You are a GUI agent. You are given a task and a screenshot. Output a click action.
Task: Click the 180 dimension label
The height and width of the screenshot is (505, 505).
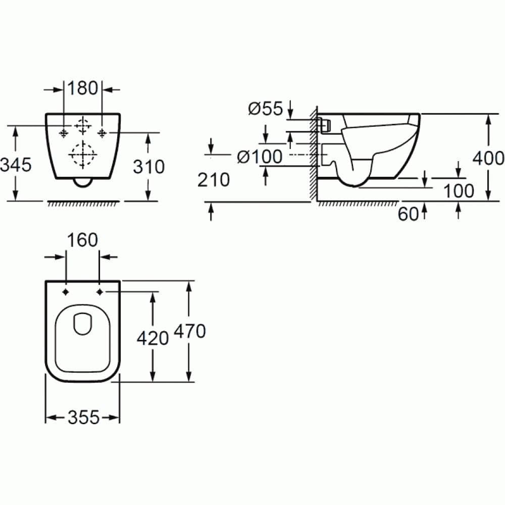(x=83, y=88)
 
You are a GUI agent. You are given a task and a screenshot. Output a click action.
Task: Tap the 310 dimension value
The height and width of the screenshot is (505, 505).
(x=148, y=166)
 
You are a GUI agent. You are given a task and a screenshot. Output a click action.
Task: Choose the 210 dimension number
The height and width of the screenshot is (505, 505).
(x=213, y=179)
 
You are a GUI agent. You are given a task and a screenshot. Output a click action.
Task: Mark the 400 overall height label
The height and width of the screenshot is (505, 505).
(x=488, y=158)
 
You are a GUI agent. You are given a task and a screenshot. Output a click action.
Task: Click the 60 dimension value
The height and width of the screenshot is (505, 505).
(x=409, y=214)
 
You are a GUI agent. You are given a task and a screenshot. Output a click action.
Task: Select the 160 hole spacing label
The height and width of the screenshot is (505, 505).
(x=83, y=240)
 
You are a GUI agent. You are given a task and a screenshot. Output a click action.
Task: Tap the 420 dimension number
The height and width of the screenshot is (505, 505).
(x=153, y=338)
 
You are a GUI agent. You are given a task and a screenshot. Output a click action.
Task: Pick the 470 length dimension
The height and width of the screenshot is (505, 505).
(x=189, y=331)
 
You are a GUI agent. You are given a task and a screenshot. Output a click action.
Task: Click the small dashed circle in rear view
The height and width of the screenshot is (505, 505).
(x=82, y=124)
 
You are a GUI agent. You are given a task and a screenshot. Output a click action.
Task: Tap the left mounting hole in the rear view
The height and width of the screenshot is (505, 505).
(x=63, y=133)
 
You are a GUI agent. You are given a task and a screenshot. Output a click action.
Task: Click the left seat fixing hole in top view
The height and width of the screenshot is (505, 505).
(x=66, y=292)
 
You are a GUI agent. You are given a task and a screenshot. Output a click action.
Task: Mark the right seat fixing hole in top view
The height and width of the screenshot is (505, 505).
(x=99, y=292)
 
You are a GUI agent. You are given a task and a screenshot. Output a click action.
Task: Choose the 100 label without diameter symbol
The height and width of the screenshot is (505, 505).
(x=459, y=191)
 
